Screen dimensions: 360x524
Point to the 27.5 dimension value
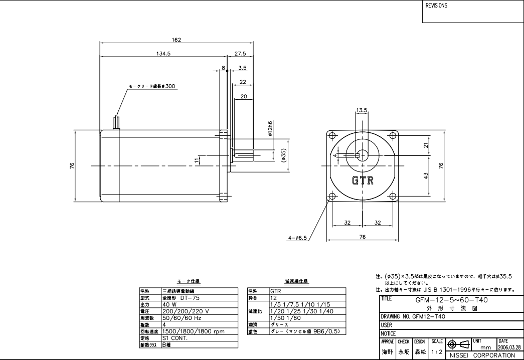pyautogui.click(x=240, y=53)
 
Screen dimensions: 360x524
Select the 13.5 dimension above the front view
pyautogui.click(x=362, y=110)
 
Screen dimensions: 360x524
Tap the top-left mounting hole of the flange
pyautogui.click(x=331, y=135)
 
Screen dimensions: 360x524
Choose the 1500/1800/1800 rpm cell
pyautogui.click(x=193, y=331)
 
